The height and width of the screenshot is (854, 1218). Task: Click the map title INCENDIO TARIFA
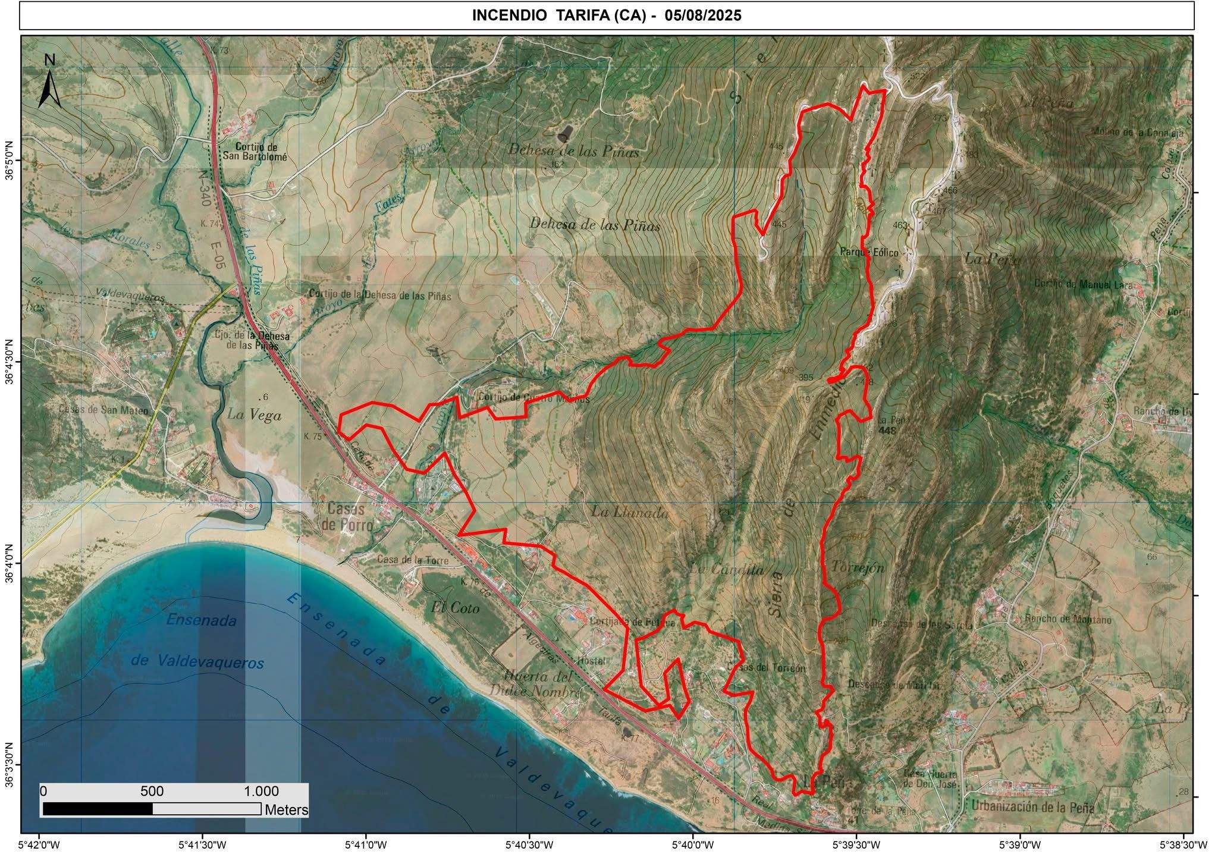(x=607, y=15)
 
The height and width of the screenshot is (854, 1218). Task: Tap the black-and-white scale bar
(x=152, y=809)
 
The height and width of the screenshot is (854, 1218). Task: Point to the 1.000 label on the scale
(x=261, y=792)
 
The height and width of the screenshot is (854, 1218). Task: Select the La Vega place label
(x=254, y=415)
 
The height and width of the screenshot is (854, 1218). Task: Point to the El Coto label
(x=456, y=608)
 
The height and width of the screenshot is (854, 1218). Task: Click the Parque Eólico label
(x=868, y=252)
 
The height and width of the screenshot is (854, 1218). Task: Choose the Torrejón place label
(x=858, y=567)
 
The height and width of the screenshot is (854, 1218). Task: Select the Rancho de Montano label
(x=1068, y=619)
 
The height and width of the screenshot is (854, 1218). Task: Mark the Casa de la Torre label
(x=413, y=560)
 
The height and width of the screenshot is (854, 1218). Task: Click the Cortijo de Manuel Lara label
(x=1088, y=284)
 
